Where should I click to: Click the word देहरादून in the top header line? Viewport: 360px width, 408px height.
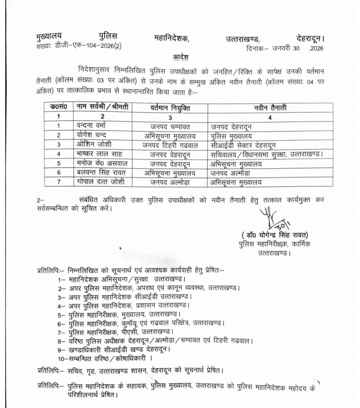click(x=307, y=38)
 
